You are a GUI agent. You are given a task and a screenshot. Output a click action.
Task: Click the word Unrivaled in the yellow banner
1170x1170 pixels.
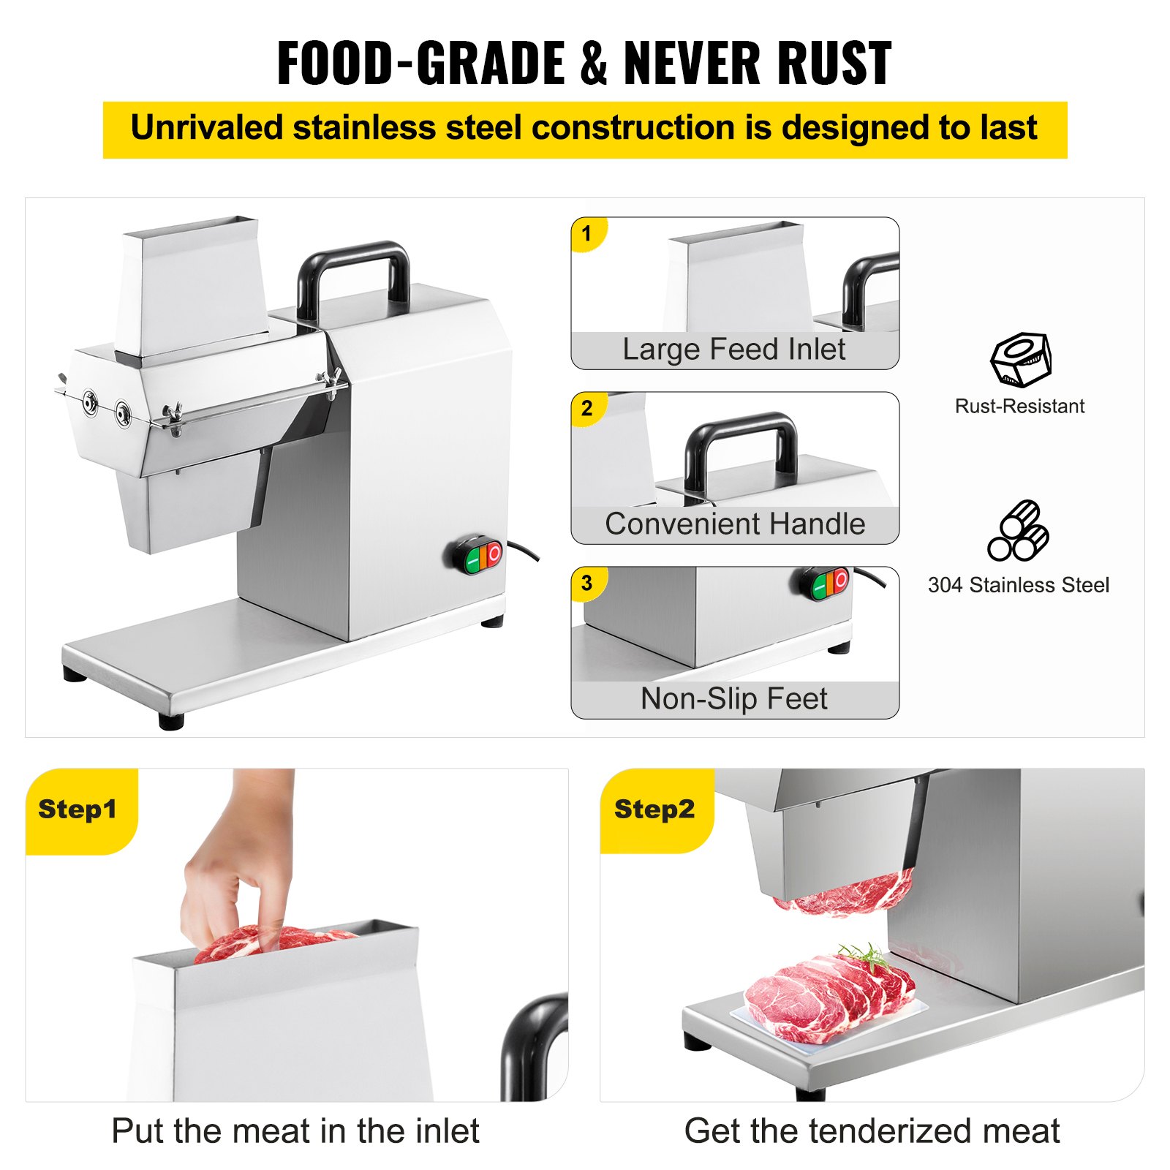point(207,128)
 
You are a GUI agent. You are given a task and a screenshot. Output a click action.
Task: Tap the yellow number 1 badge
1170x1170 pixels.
point(586,234)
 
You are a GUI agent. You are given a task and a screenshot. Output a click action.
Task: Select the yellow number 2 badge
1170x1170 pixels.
point(586,408)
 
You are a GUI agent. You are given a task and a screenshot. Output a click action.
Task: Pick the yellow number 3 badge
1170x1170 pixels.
point(586,583)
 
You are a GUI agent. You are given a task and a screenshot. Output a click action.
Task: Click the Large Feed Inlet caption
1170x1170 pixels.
point(734,350)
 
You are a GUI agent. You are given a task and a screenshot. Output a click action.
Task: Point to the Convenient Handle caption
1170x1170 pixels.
point(735,524)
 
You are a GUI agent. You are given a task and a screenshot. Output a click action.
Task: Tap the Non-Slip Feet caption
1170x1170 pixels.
point(734,699)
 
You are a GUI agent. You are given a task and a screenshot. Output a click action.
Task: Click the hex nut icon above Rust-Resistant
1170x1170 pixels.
point(1021,359)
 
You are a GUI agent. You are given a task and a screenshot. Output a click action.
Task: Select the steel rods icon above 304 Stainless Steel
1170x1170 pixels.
point(1018,531)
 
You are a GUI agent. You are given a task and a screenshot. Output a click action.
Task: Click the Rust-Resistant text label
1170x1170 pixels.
point(1019,407)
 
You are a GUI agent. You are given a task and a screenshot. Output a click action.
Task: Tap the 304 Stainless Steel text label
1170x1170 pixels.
point(1019,585)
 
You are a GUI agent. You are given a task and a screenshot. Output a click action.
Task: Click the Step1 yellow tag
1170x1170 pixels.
point(78,809)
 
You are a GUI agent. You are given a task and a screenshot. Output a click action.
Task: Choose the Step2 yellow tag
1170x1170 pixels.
point(654,809)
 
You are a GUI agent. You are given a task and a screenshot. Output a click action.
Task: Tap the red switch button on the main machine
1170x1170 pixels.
point(494,554)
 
